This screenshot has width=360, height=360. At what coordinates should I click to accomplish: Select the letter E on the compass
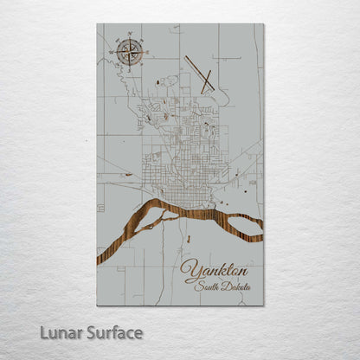[x=144, y=51]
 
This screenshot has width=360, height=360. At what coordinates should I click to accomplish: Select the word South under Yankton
[x=209, y=286]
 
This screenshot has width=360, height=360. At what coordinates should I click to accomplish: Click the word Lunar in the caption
[x=58, y=332]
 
